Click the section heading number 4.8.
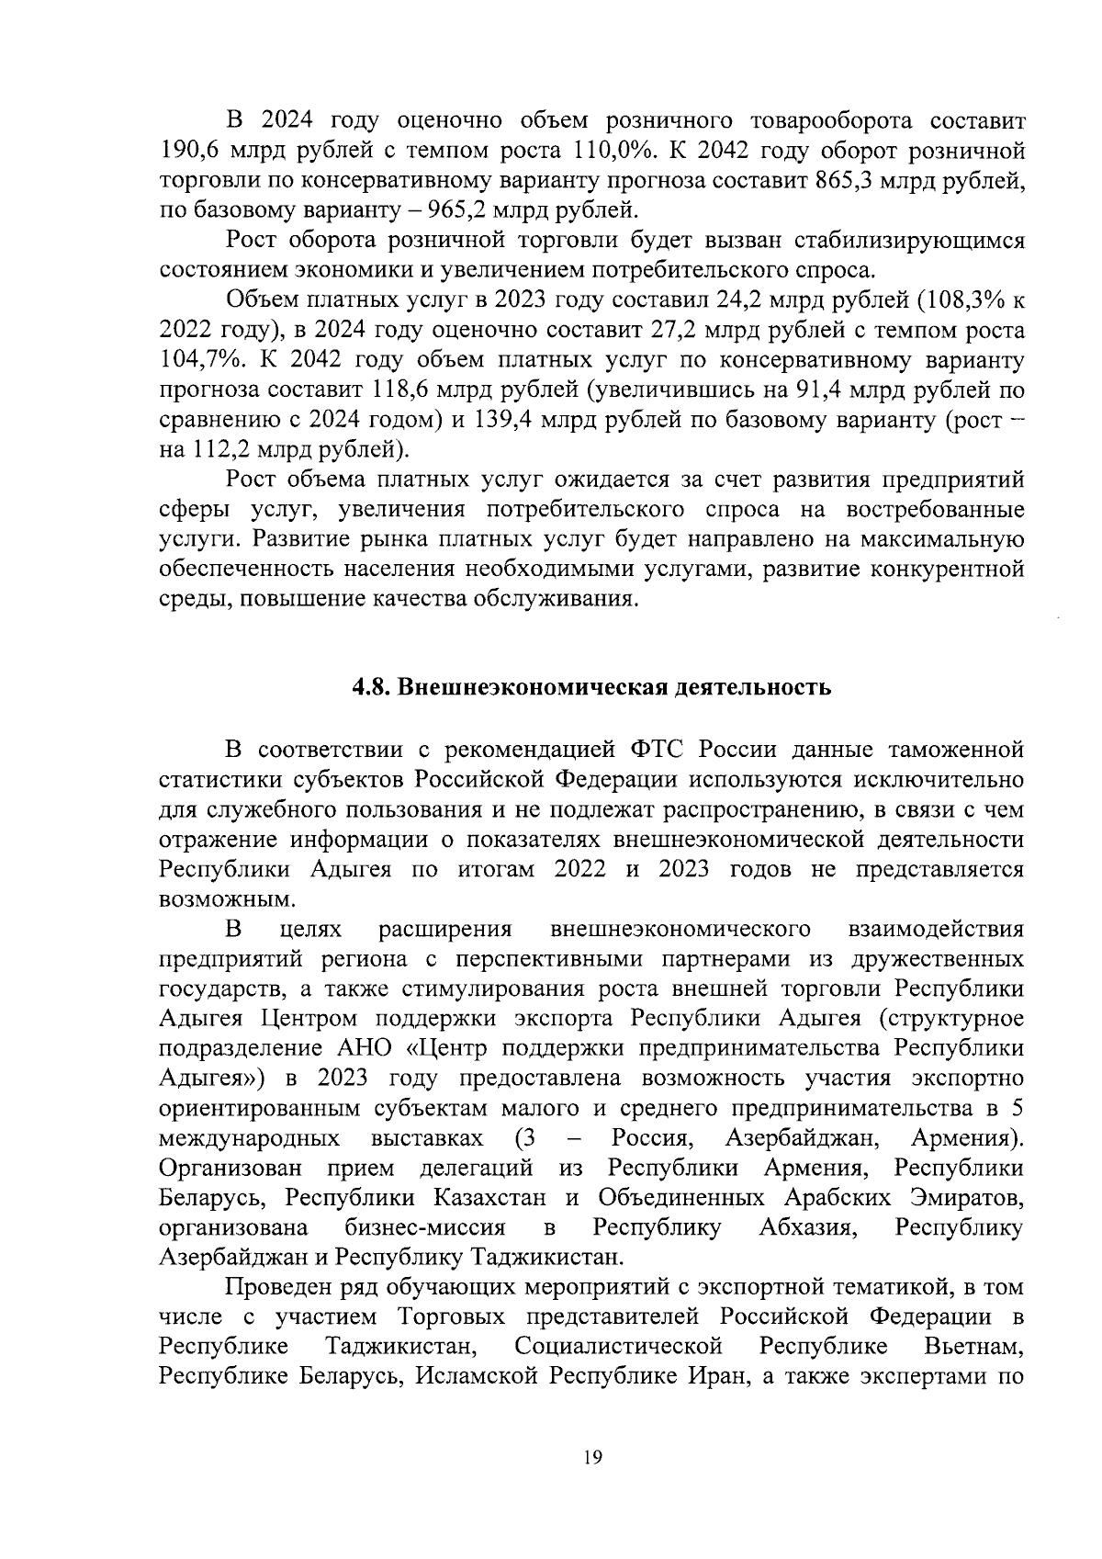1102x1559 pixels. (x=374, y=688)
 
